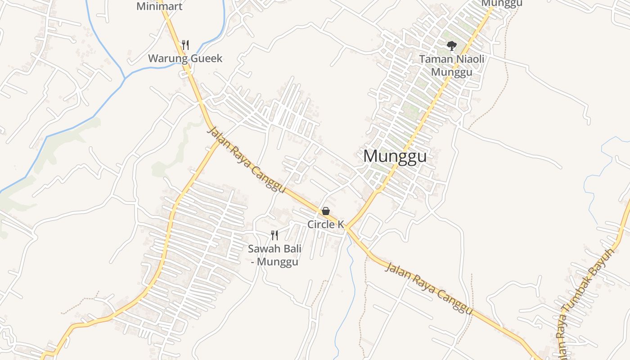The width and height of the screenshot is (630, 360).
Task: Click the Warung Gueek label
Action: point(185,58)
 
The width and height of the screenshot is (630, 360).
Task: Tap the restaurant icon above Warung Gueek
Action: point(185,45)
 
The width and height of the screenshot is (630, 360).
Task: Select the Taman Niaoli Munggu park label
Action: point(451,65)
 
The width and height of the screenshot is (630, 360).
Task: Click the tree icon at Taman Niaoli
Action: point(451,45)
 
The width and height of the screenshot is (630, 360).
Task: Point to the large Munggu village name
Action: point(395,156)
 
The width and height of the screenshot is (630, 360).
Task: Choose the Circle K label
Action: point(325,224)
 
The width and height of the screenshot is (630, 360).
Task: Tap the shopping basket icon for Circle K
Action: point(326,211)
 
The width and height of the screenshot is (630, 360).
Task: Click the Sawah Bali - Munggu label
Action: point(274,255)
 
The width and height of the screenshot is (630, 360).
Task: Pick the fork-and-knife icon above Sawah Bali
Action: point(274,235)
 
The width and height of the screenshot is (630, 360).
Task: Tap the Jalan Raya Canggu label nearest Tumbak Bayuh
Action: point(429,288)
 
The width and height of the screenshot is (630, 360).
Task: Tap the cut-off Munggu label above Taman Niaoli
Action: point(501,3)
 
